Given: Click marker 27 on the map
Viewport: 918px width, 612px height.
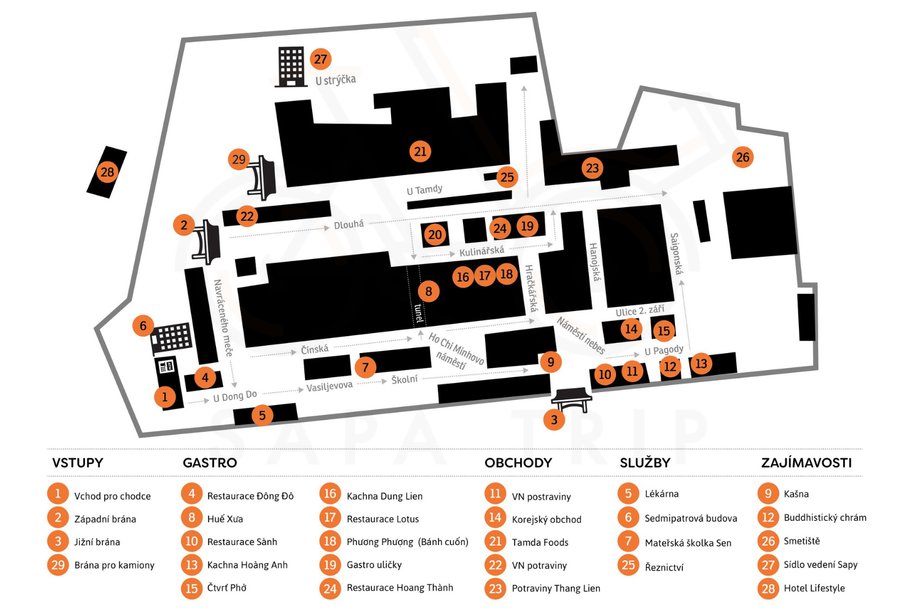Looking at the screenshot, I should (321, 59).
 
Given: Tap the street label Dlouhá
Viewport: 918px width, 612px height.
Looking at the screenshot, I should (348, 225).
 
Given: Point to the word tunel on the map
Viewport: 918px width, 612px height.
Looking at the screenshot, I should (419, 313).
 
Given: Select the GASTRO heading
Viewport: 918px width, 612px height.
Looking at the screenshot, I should (210, 463).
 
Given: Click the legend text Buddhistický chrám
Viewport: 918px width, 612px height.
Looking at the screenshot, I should (824, 517).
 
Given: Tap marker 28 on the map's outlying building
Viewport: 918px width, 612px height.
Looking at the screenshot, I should (107, 172).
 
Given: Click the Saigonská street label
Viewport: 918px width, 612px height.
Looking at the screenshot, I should (675, 253).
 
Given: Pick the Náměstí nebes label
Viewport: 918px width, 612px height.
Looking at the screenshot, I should (581, 335).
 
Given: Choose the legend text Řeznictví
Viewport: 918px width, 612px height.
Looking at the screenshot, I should (664, 567).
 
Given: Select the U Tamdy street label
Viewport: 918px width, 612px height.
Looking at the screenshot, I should (424, 190).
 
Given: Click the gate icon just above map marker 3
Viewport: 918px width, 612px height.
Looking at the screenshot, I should (571, 398).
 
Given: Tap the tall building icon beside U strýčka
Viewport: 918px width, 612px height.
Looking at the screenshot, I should (291, 67).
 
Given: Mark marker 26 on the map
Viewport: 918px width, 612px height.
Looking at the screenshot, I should (742, 157).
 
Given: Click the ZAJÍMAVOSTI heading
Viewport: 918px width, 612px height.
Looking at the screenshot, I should (806, 463).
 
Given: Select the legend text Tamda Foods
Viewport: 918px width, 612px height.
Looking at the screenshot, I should (540, 542).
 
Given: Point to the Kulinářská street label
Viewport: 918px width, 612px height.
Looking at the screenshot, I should (482, 251).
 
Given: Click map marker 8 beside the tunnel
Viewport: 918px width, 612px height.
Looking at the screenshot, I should (428, 291).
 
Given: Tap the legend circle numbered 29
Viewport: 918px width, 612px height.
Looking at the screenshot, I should (58, 565).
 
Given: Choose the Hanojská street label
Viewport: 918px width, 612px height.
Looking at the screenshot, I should (594, 262).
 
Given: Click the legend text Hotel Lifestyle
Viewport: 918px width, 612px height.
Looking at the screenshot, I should (814, 588).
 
